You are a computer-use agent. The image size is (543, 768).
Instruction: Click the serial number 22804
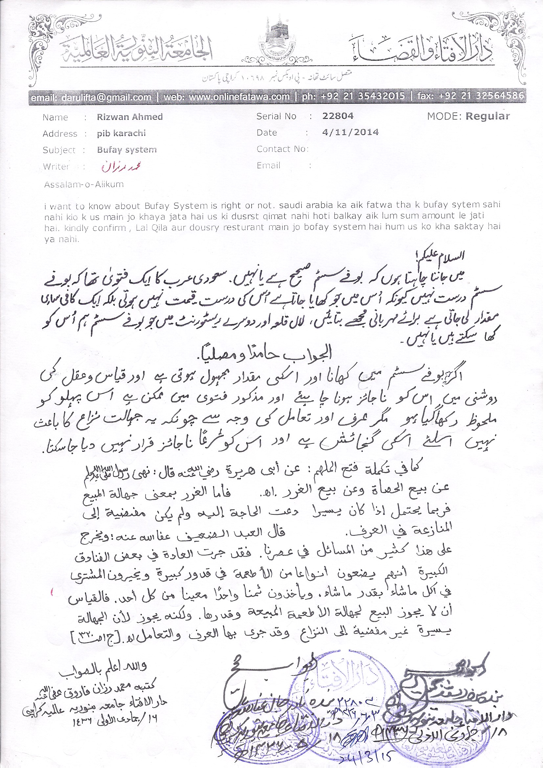point(338,116)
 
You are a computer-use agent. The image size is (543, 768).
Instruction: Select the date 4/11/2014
point(350,132)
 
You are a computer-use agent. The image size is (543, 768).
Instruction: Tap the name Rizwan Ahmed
point(130,117)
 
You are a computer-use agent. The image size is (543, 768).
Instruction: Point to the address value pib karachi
point(122,133)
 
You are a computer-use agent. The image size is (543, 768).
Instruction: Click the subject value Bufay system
point(127,149)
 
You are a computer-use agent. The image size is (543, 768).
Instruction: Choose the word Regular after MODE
point(487,116)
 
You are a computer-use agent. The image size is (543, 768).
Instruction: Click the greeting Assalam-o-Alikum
point(84,184)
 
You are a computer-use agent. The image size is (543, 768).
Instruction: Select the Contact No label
point(282,149)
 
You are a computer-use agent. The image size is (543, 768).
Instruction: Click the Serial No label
point(276,116)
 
